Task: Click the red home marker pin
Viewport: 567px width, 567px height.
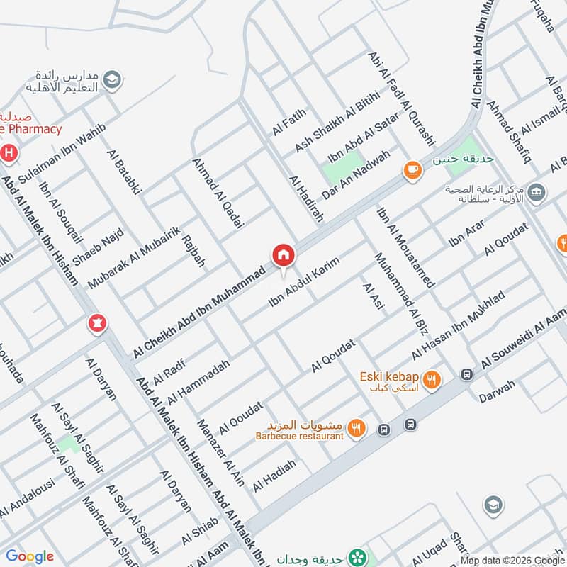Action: coord(282,255)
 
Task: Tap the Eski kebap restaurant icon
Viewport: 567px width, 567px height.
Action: coord(432,381)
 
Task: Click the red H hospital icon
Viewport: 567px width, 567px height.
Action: coord(9,152)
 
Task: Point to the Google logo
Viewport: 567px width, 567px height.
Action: coord(30,556)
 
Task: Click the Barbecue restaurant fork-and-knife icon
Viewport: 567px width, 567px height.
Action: coord(357,428)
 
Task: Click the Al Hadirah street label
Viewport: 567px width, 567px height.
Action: coord(306,199)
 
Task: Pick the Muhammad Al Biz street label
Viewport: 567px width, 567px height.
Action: coord(392,291)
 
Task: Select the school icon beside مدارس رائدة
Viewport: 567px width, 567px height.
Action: coord(111,80)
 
